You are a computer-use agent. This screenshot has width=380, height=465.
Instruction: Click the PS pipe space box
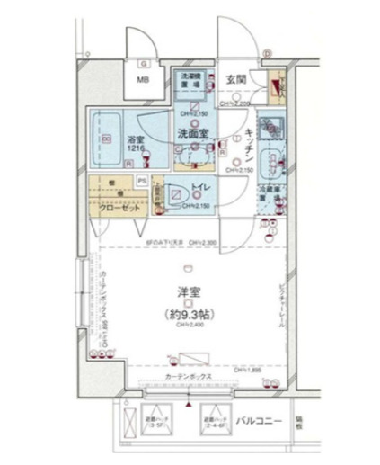tap(142, 181)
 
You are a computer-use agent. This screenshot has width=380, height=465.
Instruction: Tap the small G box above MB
tap(142, 64)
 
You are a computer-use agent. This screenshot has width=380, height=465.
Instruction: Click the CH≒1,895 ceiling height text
tap(250, 371)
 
